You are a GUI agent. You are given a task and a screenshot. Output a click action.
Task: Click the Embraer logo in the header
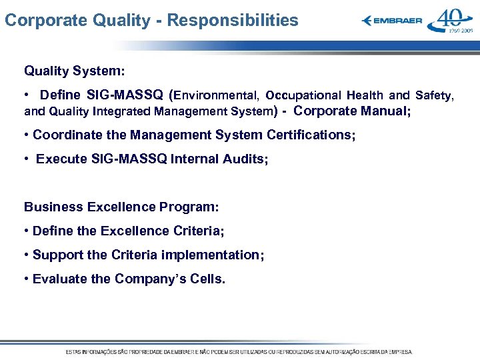tap(392, 21)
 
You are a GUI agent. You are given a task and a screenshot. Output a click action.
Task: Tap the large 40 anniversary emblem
tap(451, 21)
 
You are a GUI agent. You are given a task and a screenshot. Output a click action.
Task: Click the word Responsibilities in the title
tap(233, 21)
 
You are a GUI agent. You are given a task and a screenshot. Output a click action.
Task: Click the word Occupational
tap(303, 95)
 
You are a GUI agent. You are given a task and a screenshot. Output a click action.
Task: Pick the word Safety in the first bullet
tap(434, 95)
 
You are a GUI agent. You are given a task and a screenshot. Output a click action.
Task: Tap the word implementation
tap(217, 255)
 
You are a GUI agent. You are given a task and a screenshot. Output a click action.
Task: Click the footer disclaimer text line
tap(239, 351)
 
